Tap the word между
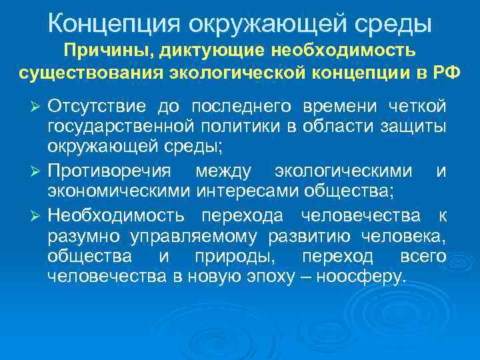pyautogui.click(x=223, y=172)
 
